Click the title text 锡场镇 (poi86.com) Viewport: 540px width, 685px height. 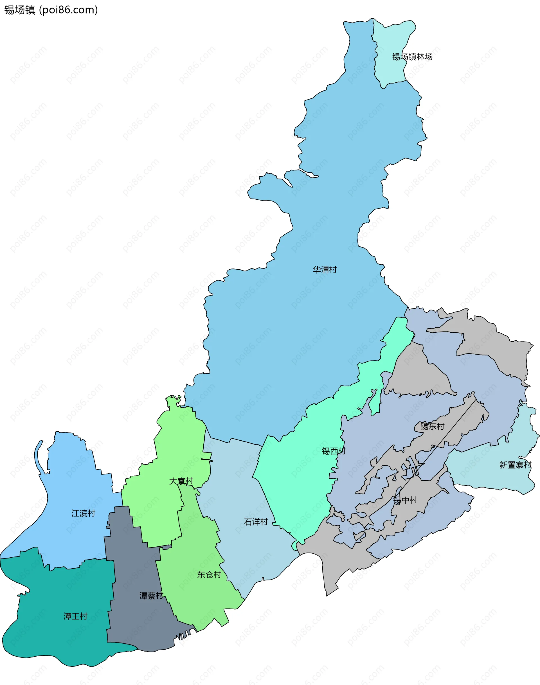pos(51,10)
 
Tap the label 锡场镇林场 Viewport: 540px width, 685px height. pos(412,57)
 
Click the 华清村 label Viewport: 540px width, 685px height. pos(325,270)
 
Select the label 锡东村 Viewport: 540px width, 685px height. pos(432,426)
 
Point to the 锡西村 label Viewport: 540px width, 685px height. pos(334,451)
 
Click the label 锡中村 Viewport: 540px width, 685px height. pos(405,500)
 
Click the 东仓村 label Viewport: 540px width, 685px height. pos(209,575)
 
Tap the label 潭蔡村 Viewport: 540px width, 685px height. pos(151,596)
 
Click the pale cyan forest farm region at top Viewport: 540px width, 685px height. pos(392,38)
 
